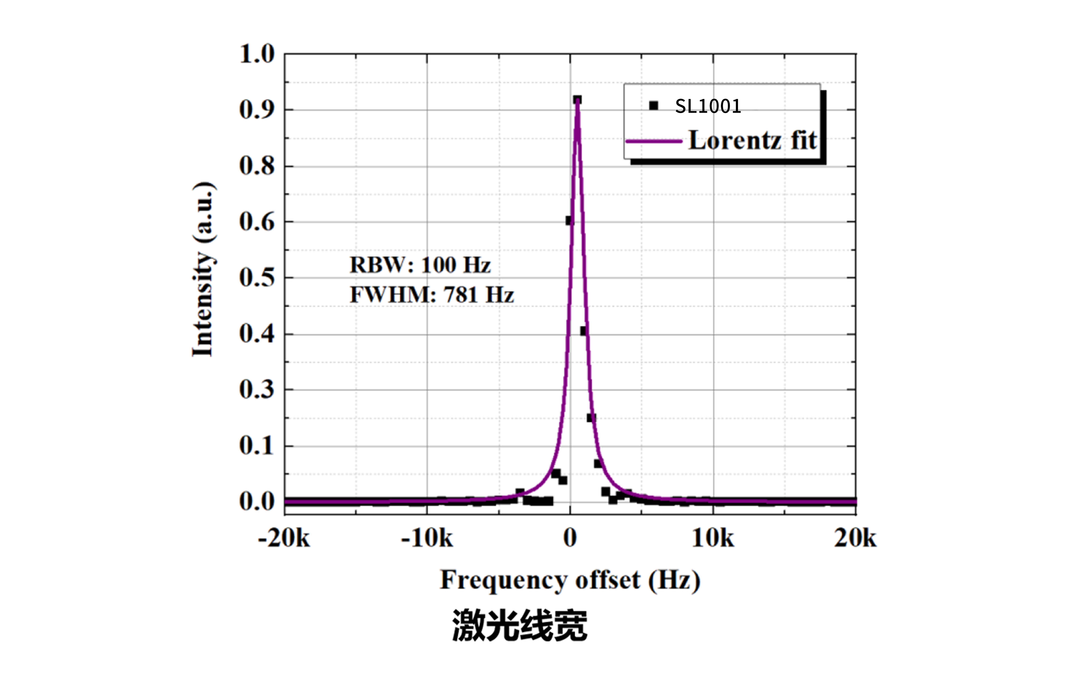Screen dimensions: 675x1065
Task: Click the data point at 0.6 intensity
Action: pos(569,220)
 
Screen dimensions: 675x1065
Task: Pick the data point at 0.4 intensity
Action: pos(583,331)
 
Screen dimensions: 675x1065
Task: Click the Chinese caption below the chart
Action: pos(520,625)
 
